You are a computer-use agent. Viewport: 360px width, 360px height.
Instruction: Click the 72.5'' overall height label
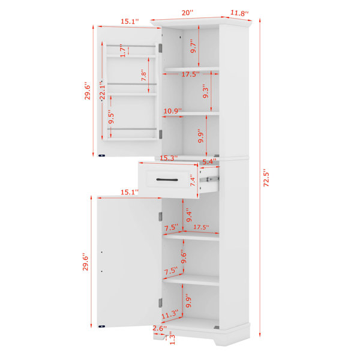click(x=266, y=178)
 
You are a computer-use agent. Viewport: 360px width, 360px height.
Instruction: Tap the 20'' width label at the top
click(x=188, y=13)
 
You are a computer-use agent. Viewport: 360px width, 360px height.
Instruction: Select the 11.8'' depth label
click(x=239, y=13)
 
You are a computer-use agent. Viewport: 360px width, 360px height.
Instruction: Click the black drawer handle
click(x=167, y=179)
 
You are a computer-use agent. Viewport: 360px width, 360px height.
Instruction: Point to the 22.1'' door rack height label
click(x=103, y=90)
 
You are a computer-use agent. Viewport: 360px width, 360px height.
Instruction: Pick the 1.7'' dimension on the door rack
click(x=123, y=50)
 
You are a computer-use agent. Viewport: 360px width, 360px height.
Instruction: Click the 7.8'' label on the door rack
click(x=144, y=75)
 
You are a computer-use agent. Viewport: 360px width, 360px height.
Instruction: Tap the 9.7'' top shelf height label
click(x=193, y=47)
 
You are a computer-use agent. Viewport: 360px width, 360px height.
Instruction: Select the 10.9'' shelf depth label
click(x=172, y=111)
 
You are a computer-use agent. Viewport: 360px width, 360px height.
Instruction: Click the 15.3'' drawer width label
click(x=169, y=158)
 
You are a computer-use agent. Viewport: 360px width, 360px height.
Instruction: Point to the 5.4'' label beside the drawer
click(x=209, y=161)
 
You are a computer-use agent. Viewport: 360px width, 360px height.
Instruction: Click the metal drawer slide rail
click(x=209, y=179)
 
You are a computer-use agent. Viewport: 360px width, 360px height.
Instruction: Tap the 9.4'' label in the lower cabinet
click(x=189, y=215)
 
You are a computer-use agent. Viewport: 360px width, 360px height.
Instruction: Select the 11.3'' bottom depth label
click(x=170, y=314)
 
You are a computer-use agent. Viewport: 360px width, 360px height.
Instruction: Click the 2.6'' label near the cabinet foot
click(x=160, y=328)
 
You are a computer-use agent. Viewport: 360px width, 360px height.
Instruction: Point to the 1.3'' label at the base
click(x=172, y=340)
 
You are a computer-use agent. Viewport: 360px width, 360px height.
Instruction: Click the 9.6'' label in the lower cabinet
click(x=184, y=256)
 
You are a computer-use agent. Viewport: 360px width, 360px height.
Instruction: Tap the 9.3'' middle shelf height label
click(x=205, y=92)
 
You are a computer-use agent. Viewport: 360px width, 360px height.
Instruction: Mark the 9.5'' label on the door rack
click(x=111, y=118)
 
